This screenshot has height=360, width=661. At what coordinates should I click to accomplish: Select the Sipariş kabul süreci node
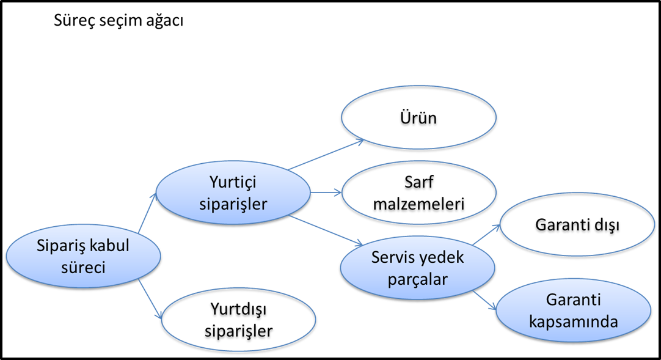[x=83, y=256]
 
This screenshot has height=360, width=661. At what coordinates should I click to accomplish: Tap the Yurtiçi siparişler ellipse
[x=233, y=193]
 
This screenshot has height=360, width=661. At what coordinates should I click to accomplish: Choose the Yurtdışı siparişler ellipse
[x=239, y=320]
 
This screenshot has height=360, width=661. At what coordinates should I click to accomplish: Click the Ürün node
[x=418, y=117]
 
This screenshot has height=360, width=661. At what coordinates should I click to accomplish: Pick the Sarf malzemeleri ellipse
[x=418, y=193]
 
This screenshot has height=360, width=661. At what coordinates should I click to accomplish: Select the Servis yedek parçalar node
[x=418, y=268]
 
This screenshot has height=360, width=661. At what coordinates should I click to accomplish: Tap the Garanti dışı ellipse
[x=577, y=224]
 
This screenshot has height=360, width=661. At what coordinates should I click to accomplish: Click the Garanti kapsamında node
[x=573, y=310]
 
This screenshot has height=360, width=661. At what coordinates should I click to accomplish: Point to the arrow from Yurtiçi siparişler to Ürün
[x=326, y=155]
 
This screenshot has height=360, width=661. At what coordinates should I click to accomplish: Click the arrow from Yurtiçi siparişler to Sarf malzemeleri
[x=326, y=193]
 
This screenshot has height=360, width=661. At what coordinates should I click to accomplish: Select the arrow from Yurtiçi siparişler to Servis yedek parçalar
[x=326, y=230]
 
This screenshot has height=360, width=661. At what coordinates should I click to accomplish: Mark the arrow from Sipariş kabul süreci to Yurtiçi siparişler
[x=147, y=213]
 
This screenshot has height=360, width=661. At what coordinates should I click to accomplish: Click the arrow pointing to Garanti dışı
[x=486, y=234]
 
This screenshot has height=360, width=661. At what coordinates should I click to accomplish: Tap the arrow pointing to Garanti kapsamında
[x=484, y=301]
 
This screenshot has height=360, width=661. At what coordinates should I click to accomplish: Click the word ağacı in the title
[x=165, y=21]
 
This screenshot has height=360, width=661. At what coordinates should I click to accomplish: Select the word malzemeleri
[x=418, y=204]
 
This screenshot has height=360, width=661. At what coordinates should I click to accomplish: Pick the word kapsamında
[x=573, y=322]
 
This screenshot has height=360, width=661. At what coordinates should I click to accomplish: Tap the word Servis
[x=392, y=257]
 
